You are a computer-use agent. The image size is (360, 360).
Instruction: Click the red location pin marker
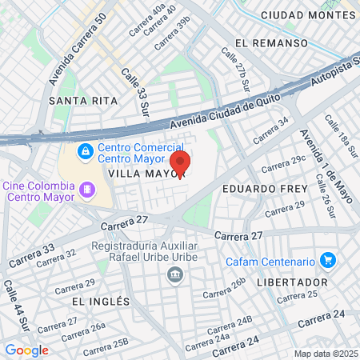[x=181, y=164]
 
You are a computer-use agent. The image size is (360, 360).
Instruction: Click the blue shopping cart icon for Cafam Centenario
[x=326, y=260]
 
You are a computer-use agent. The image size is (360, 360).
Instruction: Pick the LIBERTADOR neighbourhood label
[x=292, y=282]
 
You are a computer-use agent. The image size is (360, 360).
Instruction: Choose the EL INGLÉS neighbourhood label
[x=100, y=301]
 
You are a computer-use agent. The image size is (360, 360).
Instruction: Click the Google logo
[x=26, y=350]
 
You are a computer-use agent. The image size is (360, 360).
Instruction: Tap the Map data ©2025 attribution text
[x=326, y=354]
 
